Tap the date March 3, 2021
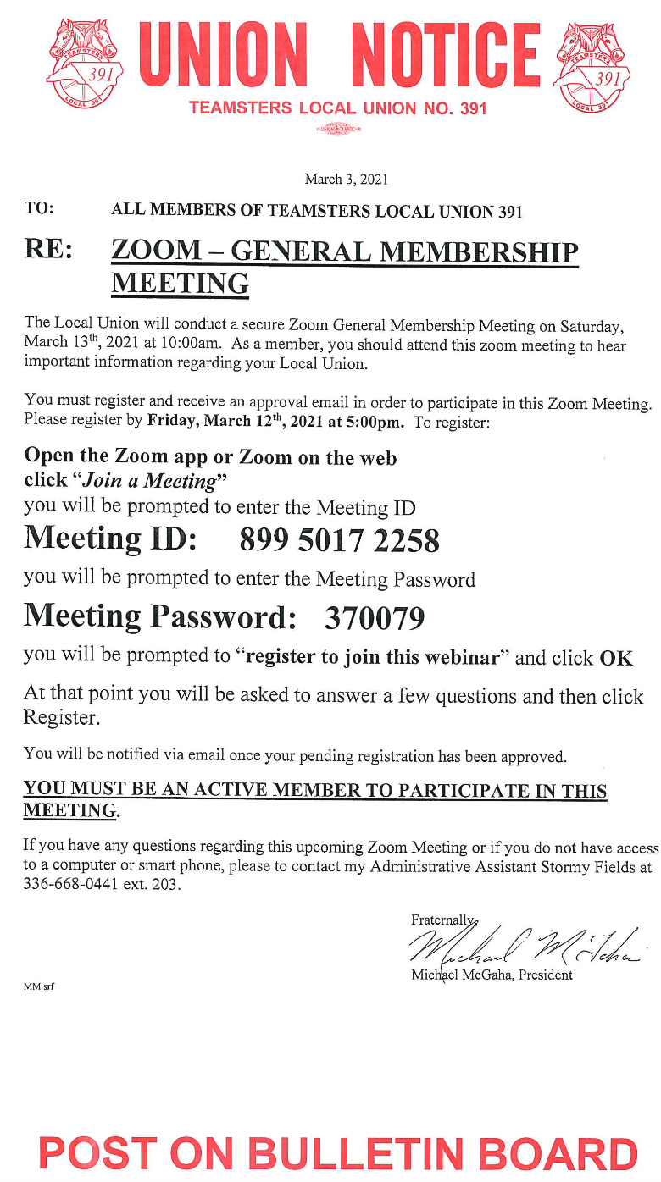[x=346, y=179]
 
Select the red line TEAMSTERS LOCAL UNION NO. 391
[x=338, y=108]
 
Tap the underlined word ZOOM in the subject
[x=157, y=251]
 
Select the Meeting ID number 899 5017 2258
[x=340, y=540]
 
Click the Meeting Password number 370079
[x=374, y=619]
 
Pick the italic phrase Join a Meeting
[x=149, y=480]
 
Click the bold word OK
[x=616, y=658]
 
